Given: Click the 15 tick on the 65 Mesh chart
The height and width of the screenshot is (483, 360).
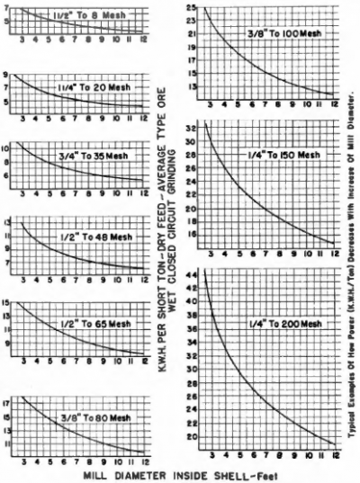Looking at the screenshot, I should (9, 304).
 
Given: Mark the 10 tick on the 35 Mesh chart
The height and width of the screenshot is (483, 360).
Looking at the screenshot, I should (9, 146).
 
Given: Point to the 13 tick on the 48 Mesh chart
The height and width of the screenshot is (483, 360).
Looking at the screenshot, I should (9, 221).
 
